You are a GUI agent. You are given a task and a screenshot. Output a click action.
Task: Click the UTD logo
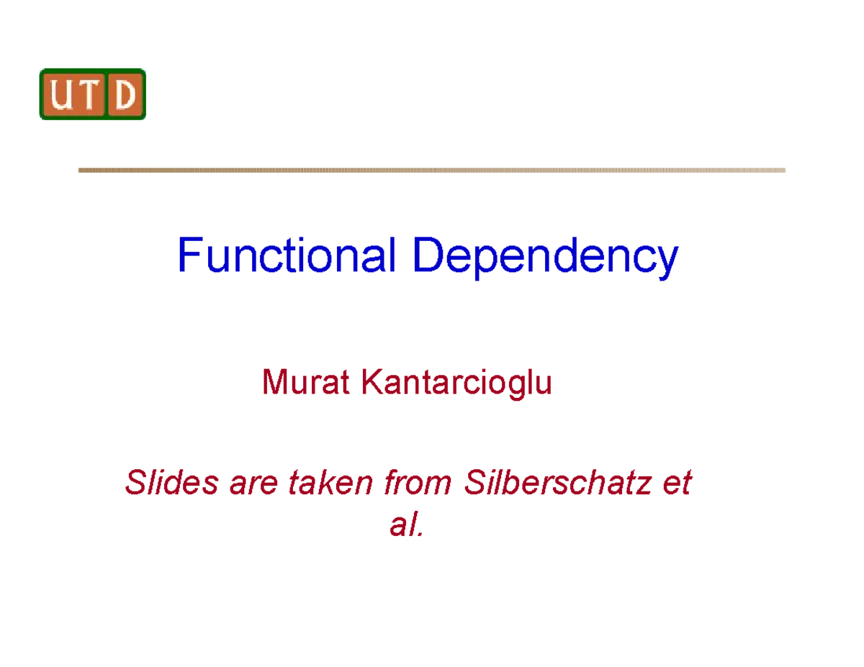(x=93, y=94)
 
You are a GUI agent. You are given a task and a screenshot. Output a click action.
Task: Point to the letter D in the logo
(x=125, y=95)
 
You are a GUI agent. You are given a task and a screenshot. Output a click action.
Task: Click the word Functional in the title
(x=287, y=256)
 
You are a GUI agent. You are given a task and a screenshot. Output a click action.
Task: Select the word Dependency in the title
(x=545, y=258)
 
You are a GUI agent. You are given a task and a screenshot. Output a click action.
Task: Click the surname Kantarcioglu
(x=456, y=384)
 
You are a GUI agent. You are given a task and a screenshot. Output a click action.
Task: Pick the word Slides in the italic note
(x=171, y=482)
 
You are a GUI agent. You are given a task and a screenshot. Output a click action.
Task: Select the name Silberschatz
(x=558, y=482)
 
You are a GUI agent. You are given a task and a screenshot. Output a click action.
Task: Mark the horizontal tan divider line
(x=431, y=171)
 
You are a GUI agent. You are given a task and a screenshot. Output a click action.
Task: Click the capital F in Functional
(x=189, y=256)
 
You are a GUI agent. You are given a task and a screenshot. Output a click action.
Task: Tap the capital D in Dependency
(x=428, y=256)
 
